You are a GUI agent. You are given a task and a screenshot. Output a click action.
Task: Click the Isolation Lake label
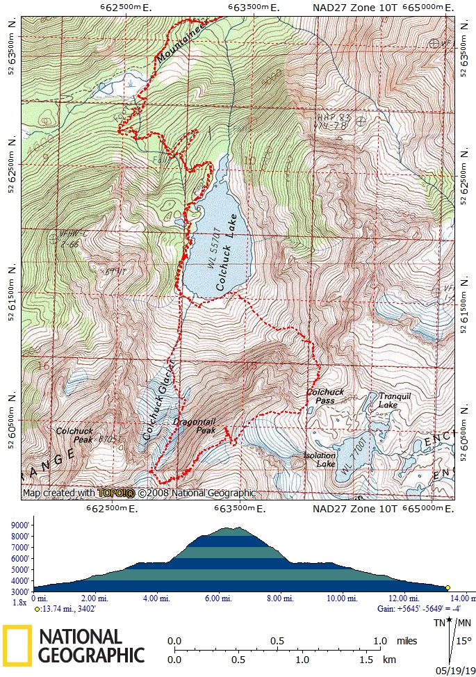[320, 459]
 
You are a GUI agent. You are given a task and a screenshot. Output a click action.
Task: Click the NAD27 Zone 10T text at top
[354, 8]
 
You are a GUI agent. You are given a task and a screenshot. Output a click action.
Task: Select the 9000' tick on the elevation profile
[19, 525]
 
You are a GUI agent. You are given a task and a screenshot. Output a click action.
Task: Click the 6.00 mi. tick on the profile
[218, 598]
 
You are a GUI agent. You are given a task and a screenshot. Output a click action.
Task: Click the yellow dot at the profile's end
[448, 587]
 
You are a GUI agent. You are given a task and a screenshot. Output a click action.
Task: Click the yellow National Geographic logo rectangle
[16, 645]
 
